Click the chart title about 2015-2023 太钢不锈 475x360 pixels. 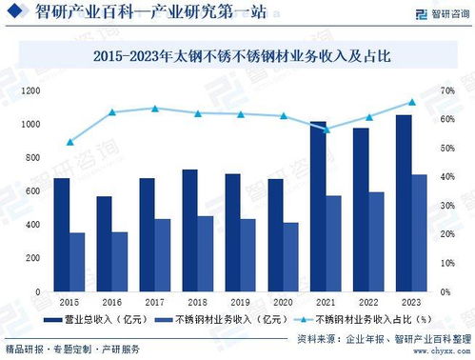(x=237, y=56)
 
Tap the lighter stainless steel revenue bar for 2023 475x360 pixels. (x=420, y=233)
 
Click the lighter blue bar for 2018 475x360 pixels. (x=205, y=253)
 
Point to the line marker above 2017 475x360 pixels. (x=155, y=109)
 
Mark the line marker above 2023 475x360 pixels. (x=412, y=102)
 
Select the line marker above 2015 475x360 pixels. (x=69, y=142)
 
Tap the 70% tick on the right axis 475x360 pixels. (x=447, y=90)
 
